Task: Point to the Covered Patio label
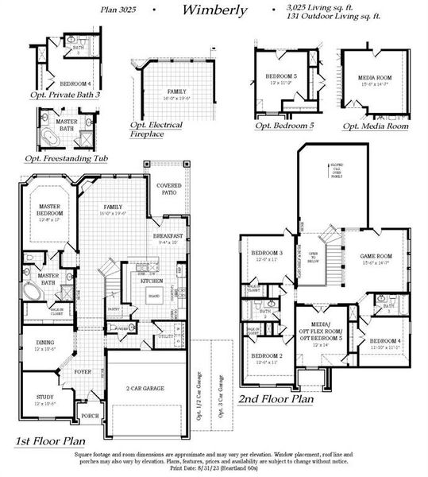tap(170, 188)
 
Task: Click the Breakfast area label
tap(169, 236)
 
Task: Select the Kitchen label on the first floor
tap(152, 281)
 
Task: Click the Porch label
tap(90, 414)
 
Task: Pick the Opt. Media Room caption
tap(376, 126)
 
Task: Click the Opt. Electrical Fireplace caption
tap(156, 130)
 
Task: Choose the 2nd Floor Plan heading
tap(275, 398)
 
